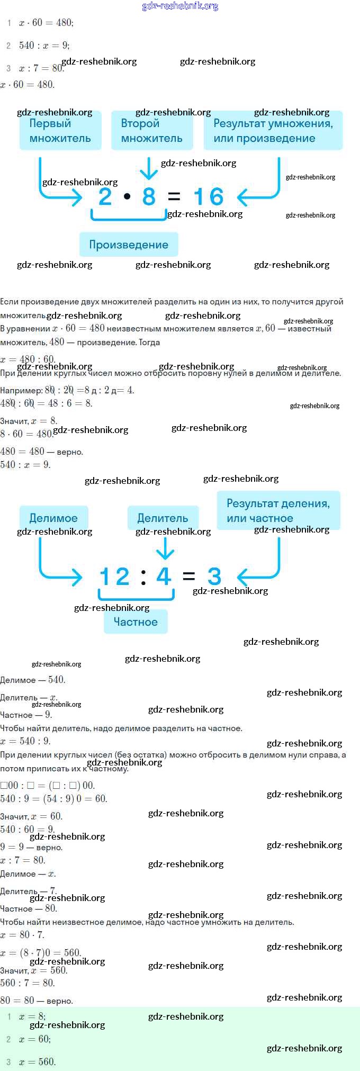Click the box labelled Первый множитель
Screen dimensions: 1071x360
[x=60, y=131]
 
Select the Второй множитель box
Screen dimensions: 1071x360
[x=151, y=131]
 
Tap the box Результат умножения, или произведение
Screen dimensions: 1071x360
[x=273, y=131]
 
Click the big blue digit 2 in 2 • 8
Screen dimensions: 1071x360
[x=105, y=197]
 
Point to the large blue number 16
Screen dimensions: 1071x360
[x=209, y=197]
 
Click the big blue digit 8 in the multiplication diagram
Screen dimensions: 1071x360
[x=149, y=197]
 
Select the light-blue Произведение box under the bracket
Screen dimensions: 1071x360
[x=129, y=245]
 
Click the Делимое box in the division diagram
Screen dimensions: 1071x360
[x=53, y=518]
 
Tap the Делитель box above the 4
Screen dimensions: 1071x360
[x=163, y=518]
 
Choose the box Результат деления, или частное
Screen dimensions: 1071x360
[x=278, y=510]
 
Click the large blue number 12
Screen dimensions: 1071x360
[x=114, y=577]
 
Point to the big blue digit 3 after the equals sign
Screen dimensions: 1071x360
[x=214, y=577]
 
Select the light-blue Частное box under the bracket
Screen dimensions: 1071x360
[x=136, y=622]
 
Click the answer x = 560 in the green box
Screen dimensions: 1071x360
[x=37, y=1061]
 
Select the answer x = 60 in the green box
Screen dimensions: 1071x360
[x=35, y=1039]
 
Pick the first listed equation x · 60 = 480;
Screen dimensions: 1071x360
[x=46, y=23]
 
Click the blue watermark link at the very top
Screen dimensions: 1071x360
[x=180, y=6]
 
